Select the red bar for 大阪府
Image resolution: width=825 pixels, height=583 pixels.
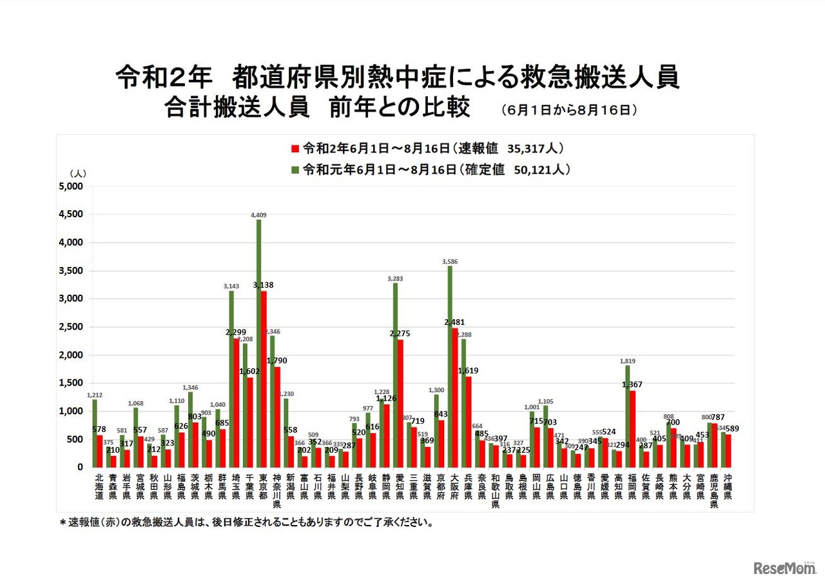pyautogui.click(x=456, y=397)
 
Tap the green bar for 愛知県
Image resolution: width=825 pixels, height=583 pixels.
pyautogui.click(x=395, y=375)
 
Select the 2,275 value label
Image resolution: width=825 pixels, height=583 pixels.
pyautogui.click(x=399, y=333)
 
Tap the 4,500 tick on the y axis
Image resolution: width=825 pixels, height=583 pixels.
pyautogui.click(x=71, y=215)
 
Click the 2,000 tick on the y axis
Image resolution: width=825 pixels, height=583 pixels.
pyautogui.click(x=71, y=355)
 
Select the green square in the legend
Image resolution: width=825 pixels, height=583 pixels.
pyautogui.click(x=295, y=170)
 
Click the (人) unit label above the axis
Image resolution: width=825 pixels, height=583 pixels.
pyautogui.click(x=77, y=173)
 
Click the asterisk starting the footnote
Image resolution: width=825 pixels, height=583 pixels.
pyautogui.click(x=63, y=522)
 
